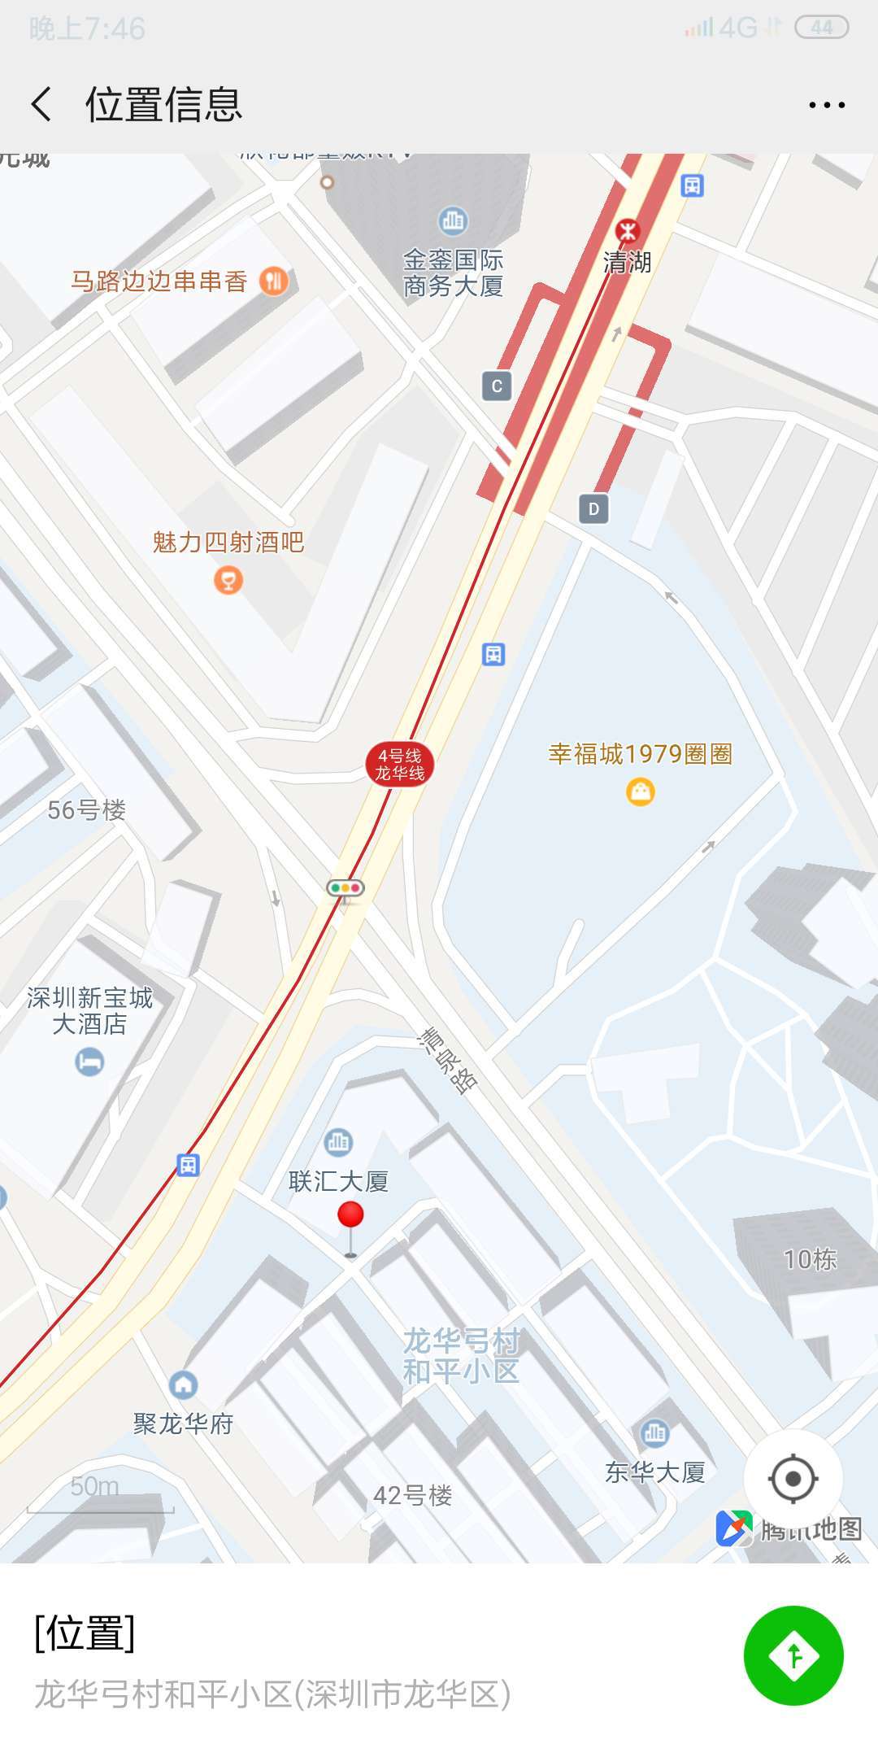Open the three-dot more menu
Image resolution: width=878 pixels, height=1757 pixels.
point(826,105)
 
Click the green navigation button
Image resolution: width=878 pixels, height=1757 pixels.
point(793,1655)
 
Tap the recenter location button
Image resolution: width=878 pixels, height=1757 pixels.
point(793,1478)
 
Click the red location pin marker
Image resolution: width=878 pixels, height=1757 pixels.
point(350,1216)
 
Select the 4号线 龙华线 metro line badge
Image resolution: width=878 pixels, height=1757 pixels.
point(399,765)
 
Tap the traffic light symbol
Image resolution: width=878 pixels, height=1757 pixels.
point(346,888)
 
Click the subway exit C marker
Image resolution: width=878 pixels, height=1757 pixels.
point(497,386)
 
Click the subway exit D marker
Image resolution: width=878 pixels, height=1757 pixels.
point(593,509)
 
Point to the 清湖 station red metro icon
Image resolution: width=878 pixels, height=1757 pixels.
point(627,231)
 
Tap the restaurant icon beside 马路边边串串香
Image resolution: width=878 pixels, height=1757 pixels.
point(274,281)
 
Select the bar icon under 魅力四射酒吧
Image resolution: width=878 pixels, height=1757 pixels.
point(228,580)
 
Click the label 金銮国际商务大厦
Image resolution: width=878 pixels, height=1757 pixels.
point(453,273)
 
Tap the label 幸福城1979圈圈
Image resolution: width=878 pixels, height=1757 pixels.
point(640,754)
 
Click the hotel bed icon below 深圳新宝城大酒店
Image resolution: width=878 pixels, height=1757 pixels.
point(89,1062)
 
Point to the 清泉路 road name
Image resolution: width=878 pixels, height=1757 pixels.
point(448,1060)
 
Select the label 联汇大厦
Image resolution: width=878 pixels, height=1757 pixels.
point(338,1181)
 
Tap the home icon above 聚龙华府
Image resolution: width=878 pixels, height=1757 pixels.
point(184,1384)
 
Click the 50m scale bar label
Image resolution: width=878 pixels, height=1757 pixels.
point(94,1487)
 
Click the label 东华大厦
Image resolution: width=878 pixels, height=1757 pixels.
point(654,1472)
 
